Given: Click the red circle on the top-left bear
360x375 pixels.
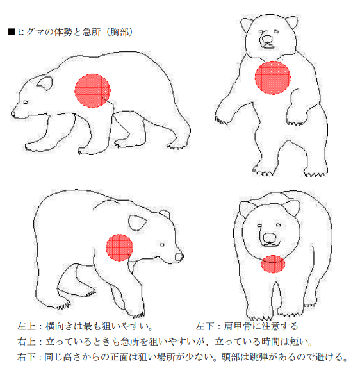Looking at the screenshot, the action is pos(92,90).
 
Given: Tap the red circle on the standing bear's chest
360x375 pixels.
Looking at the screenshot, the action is pos(272,78).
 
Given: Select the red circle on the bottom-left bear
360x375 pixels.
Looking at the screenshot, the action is pos(119,247).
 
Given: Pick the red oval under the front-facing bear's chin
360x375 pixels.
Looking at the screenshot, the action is pos(273,264).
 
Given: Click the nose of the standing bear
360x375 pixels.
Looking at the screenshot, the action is pos(267,38).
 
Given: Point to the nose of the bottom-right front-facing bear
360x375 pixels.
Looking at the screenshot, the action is pos(270,237).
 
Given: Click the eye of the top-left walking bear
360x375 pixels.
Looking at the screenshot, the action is pos(26,103).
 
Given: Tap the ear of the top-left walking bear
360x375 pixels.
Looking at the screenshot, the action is pos(45,83).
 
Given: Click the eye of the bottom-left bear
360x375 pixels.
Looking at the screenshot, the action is pos(162,245).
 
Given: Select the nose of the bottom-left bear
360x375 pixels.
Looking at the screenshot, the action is pos(179,256).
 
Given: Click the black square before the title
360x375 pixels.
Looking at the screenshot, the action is pos(12,32).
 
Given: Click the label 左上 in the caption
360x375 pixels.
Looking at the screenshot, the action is pos(26,326).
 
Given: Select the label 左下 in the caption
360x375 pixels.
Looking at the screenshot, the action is pos(204,326).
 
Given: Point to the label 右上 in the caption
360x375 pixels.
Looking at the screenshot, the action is pos(26,342).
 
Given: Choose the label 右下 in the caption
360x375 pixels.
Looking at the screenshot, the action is pos(26,357).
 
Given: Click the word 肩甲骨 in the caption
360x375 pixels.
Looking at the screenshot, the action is pos(237,326).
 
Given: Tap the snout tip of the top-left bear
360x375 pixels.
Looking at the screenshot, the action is pos(13,114).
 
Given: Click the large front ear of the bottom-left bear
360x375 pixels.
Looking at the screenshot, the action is pos(137,222).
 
